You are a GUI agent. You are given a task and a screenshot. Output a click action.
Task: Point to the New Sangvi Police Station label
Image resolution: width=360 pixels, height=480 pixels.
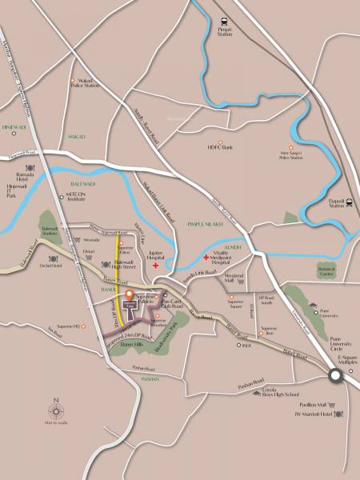[291, 155]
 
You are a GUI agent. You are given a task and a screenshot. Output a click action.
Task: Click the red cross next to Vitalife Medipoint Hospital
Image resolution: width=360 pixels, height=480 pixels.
[206, 258]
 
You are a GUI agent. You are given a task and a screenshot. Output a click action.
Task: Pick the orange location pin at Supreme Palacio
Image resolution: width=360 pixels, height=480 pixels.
[129, 295]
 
